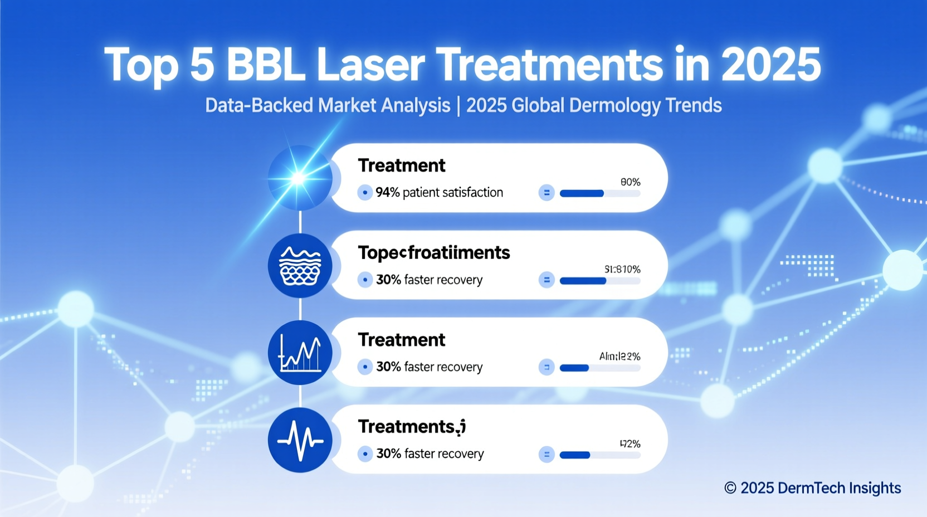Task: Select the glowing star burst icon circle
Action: [300, 178]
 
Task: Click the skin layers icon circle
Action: [300, 266]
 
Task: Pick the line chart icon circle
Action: [300, 353]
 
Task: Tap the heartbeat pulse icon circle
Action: [300, 440]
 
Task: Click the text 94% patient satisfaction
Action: [439, 193]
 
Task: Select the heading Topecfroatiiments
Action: [433, 253]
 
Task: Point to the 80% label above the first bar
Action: [630, 182]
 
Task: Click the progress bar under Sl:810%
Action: [599, 281]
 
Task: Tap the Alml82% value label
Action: [619, 357]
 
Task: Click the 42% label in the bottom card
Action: [630, 444]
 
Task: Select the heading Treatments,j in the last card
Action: [411, 427]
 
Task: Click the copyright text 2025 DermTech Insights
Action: [812, 488]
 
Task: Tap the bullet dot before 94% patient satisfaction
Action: [364, 193]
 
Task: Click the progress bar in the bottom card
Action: [599, 455]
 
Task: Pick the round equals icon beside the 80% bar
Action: [547, 193]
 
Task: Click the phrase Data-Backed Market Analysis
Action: [328, 105]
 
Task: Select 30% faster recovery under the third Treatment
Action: [429, 367]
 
